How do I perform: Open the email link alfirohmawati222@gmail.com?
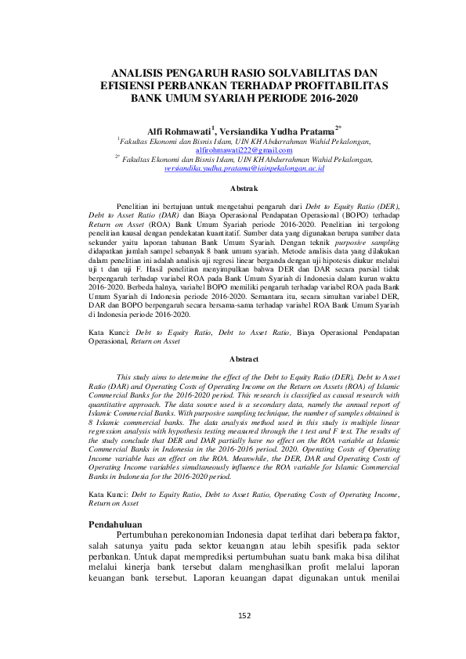233,149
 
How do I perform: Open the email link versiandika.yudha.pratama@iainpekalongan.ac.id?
233,168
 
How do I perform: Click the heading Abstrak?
233,189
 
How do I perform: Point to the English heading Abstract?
233,358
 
